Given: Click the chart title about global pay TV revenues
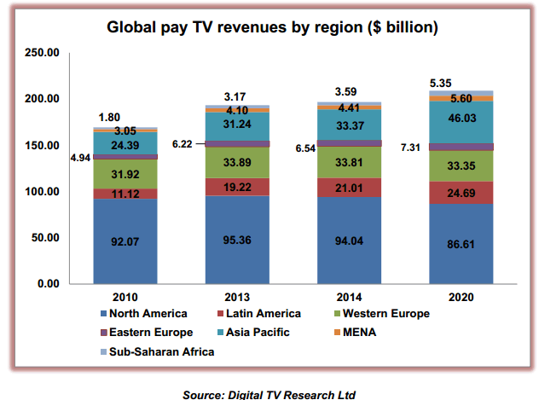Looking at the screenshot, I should tap(272, 27).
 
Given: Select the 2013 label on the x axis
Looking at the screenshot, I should tap(236, 298).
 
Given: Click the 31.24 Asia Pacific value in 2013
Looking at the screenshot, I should tap(236, 123).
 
